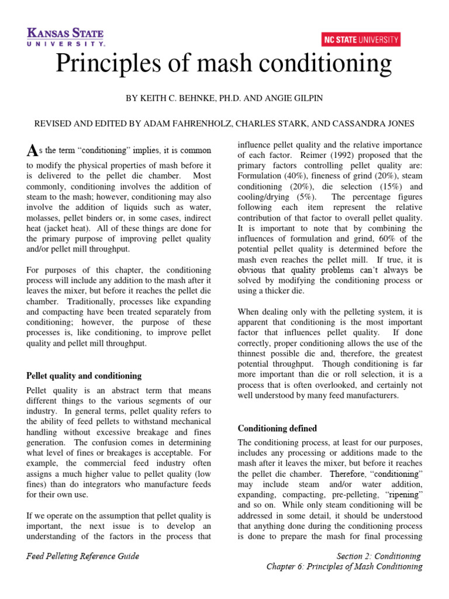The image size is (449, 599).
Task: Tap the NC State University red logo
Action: point(361,40)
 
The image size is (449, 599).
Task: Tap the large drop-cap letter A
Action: point(32,152)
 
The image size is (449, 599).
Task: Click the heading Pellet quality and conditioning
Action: point(84,376)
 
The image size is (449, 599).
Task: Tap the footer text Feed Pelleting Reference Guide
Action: point(83,556)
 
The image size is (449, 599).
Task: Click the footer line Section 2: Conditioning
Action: point(379,556)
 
